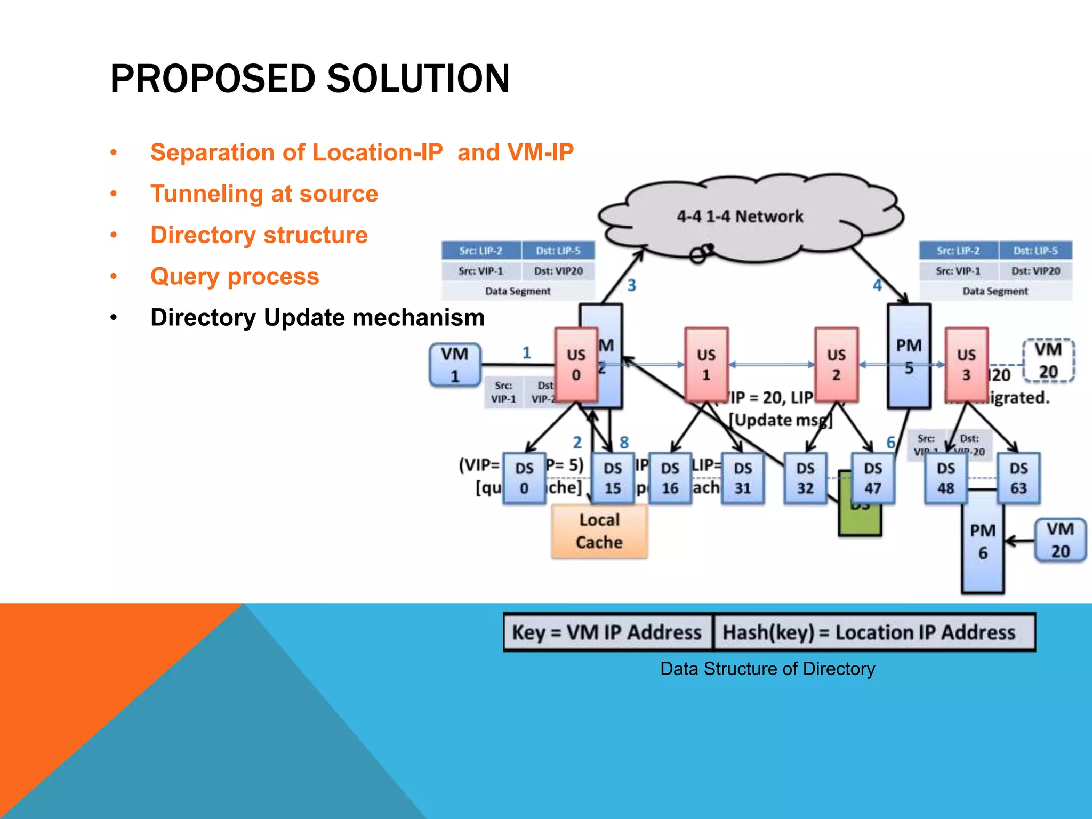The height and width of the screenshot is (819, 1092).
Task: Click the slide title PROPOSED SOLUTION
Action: [x=309, y=79]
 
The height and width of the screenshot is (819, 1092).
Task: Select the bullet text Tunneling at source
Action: [x=264, y=194]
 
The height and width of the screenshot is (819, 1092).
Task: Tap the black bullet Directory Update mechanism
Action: [x=317, y=318]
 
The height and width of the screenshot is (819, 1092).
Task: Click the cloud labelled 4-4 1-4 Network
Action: [x=740, y=216]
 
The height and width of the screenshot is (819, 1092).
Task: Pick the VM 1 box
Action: [x=455, y=365]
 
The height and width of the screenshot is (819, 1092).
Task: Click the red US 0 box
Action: [x=576, y=365]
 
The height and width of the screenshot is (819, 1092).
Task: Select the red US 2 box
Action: [x=836, y=365]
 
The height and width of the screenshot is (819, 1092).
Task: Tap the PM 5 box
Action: [x=909, y=356]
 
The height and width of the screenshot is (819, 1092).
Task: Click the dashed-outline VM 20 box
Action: [x=1048, y=360]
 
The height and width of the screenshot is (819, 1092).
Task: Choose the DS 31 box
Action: [x=743, y=478]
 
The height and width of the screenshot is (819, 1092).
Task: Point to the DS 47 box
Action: [x=873, y=478]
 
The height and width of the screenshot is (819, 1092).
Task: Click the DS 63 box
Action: [x=1018, y=478]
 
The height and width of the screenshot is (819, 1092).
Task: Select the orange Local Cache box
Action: [x=599, y=531]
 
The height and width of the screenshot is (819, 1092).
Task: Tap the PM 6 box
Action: [x=983, y=542]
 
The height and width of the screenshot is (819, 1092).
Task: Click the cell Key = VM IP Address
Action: [x=607, y=632]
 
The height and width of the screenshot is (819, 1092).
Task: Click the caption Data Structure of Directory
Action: [x=767, y=669]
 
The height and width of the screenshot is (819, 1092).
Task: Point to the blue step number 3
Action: [x=631, y=286]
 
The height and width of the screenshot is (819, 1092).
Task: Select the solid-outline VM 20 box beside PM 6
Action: [x=1060, y=540]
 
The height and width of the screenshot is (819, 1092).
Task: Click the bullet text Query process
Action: [x=235, y=276]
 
